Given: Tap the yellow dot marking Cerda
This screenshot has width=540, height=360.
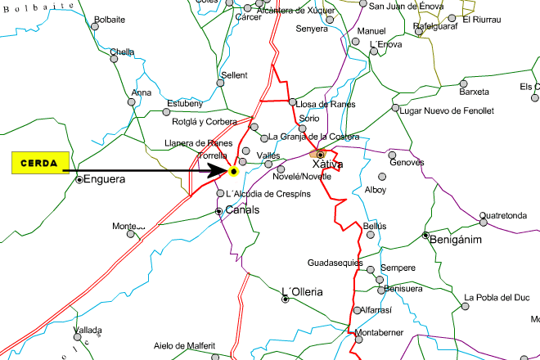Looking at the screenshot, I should [x=233, y=172].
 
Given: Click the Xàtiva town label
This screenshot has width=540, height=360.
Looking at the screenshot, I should [x=328, y=164].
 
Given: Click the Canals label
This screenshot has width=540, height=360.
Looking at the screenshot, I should [x=242, y=210].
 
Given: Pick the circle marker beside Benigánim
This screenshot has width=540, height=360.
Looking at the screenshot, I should [x=425, y=236].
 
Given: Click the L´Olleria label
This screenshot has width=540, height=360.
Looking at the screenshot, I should [x=302, y=291].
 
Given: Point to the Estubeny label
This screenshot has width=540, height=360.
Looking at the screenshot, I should [x=184, y=103].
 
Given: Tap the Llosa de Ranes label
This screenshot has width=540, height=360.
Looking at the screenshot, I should [x=325, y=104].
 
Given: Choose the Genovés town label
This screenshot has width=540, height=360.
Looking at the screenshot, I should [x=407, y=162].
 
